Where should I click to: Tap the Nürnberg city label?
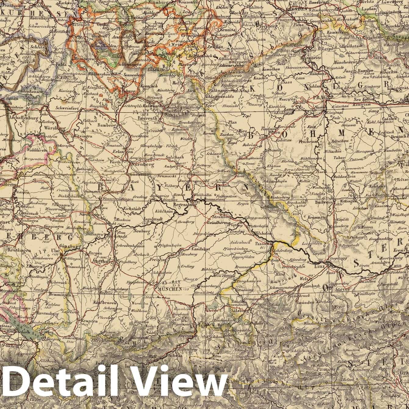(x=142, y=164)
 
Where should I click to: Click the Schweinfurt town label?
(x=66, y=107)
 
